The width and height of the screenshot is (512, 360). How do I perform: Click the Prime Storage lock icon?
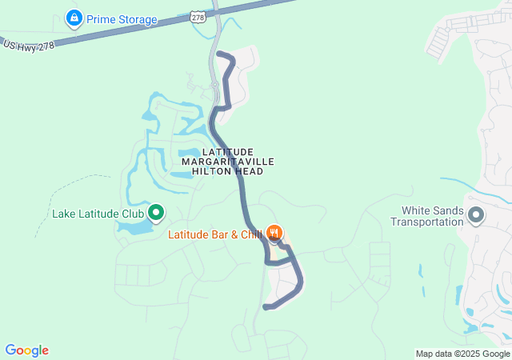[x=74, y=18]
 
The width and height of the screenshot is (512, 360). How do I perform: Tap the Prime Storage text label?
[x=122, y=18]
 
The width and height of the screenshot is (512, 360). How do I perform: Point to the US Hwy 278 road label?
[x=29, y=46]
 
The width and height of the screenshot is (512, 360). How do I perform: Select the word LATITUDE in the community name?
[x=228, y=152]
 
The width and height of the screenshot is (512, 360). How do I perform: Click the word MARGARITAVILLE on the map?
[x=228, y=162]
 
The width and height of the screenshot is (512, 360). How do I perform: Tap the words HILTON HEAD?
[x=228, y=171]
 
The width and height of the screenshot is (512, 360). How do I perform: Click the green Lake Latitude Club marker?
[x=156, y=214]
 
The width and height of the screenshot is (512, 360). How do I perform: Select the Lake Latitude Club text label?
[x=98, y=214]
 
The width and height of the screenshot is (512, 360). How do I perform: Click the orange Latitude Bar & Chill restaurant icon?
[x=274, y=233]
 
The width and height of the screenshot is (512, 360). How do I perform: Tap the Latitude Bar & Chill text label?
[x=215, y=234]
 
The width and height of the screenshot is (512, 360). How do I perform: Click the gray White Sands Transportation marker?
[x=476, y=214]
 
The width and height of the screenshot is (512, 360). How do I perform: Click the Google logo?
[x=26, y=350]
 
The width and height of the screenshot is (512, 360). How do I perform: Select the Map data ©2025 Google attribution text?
[x=462, y=354]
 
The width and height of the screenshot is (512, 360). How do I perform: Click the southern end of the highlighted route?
[x=266, y=307]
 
